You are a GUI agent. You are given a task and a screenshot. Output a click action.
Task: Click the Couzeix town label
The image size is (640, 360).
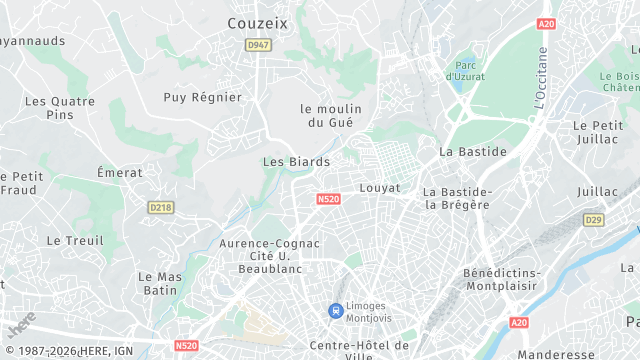pyautogui.click(x=259, y=22)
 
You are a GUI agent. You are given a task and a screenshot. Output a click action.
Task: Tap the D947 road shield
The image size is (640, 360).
pyautogui.click(x=258, y=45)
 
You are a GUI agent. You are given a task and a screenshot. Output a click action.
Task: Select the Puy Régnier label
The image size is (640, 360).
pyautogui.click(x=203, y=97)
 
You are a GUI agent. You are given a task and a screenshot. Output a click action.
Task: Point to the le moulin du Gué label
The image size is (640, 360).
pyautogui.click(x=331, y=115)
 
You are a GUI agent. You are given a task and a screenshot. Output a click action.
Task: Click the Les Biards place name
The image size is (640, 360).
pyautogui.click(x=296, y=161)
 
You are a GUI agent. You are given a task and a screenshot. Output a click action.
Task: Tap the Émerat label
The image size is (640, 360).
pyautogui.click(x=120, y=172)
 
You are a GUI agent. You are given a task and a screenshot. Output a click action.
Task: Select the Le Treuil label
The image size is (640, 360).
pyautogui.click(x=75, y=240)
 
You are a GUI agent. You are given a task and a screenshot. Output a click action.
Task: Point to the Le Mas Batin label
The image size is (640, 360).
pyautogui.click(x=160, y=283)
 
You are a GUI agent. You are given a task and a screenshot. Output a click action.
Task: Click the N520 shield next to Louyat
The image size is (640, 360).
pyautogui.click(x=328, y=200)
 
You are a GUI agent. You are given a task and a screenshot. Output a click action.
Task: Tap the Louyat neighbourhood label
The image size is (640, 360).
pyautogui.click(x=379, y=187)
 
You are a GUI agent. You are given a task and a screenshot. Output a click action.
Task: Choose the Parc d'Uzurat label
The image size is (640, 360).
pyautogui.click(x=465, y=69)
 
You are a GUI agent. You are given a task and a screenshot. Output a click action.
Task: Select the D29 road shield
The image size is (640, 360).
pyautogui.click(x=594, y=219)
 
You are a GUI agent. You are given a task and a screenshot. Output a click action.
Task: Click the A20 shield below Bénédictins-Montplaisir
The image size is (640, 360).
pyautogui.click(x=519, y=322)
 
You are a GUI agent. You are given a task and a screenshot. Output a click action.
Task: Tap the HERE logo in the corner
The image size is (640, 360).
pyautogui.click(x=21, y=325)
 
